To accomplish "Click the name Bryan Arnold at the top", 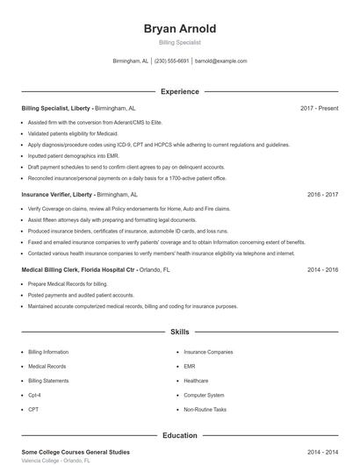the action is point(180,29).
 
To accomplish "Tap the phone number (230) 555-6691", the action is point(172,61).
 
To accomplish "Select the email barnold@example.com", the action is point(221,61).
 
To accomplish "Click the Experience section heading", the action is point(180,91).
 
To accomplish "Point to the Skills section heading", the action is point(180,333).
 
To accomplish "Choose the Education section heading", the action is point(180,435).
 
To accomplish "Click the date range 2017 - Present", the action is point(319,108).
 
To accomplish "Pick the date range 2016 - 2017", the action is point(322,194).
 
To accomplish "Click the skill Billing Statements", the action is point(48,381).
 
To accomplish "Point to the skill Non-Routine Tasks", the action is point(205,410).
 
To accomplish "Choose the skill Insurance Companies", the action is point(208,352).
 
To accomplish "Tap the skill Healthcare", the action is point(196,381).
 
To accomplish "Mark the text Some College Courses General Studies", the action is point(76,452).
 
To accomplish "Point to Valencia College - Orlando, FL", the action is point(55,461).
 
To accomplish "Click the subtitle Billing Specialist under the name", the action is point(180,42).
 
